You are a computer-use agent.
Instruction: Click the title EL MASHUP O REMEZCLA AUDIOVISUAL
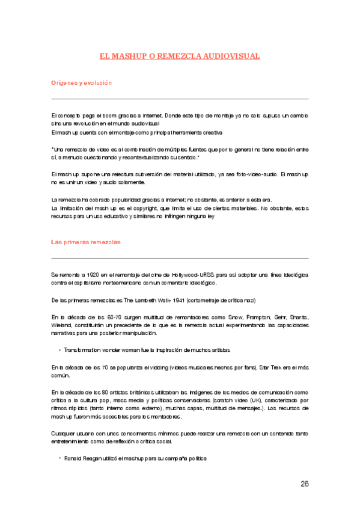pyautogui.click(x=180, y=57)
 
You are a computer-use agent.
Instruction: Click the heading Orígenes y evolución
pyautogui.click(x=81, y=82)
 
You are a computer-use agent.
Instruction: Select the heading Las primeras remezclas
pyautogui.click(x=85, y=242)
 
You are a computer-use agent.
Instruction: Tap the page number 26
pyautogui.click(x=304, y=483)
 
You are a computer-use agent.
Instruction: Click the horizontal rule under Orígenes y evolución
pyautogui.click(x=180, y=99)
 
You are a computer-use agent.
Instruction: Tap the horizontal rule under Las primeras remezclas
pyautogui.click(x=180, y=259)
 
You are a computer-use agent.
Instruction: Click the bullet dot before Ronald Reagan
pyautogui.click(x=60, y=458)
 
